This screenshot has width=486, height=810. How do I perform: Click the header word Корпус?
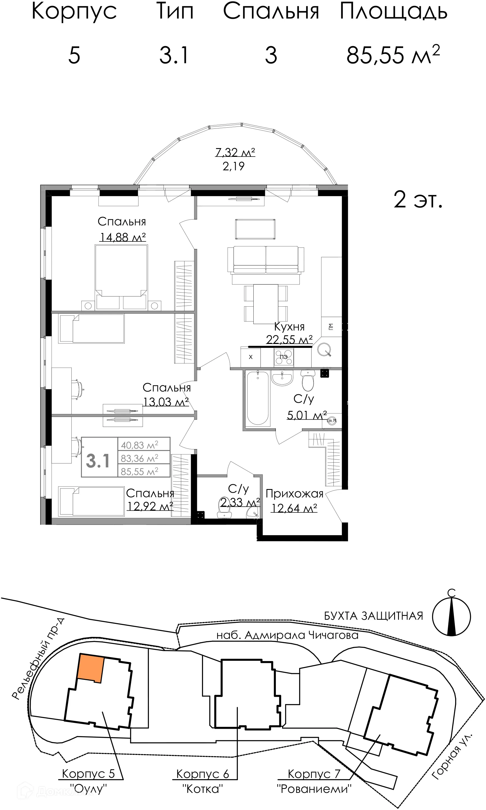74,12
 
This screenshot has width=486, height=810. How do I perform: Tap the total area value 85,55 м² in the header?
393,55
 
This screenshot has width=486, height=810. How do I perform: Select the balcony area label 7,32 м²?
235,152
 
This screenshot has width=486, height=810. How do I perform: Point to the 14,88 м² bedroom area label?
122,237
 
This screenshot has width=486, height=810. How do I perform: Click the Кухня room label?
289,327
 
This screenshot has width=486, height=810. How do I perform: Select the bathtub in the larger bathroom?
257,398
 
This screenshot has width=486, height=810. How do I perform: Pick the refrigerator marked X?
251,357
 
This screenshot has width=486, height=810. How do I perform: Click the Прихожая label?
294,494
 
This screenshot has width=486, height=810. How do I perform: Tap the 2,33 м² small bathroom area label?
240,502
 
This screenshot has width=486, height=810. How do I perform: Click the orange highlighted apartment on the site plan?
90,668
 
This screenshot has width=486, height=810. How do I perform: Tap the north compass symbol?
451,616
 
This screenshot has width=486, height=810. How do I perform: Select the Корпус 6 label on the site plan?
202,774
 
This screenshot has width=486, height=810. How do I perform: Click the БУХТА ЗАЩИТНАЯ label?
373,616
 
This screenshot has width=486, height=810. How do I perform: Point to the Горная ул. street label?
452,757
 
